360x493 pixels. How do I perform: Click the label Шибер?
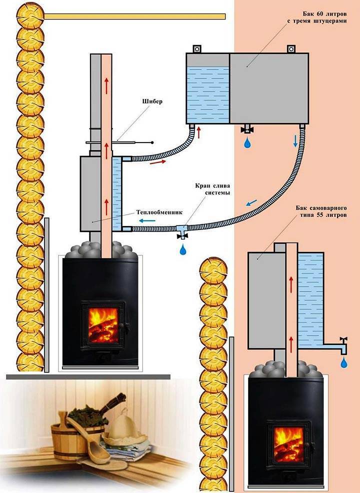[152, 101]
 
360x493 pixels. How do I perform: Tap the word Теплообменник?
[159, 212]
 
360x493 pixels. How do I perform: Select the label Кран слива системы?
[212, 189]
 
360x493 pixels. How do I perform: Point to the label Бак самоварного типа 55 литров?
[321, 211]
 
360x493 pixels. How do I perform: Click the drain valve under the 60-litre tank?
[247, 128]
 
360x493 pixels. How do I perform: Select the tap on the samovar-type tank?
[343, 345]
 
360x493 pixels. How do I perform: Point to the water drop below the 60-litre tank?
[248, 142]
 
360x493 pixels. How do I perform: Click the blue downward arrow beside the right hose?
[295, 141]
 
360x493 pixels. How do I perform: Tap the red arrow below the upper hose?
[157, 162]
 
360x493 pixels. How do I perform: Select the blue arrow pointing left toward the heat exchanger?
[147, 220]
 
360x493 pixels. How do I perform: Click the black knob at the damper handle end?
[152, 142]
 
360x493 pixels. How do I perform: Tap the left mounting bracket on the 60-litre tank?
[196, 49]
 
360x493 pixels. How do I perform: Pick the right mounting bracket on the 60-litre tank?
[291, 49]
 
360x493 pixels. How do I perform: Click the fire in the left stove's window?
[103, 325]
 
